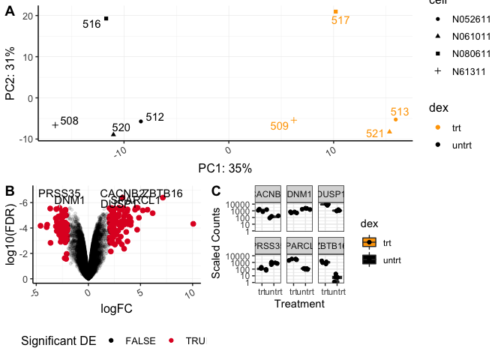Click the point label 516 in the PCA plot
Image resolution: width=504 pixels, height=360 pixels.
pos(91,24)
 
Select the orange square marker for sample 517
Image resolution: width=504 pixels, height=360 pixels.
pos(336,11)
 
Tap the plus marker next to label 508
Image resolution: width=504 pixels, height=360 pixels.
pos(55,125)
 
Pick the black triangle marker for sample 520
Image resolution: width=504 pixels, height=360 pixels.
pos(113,133)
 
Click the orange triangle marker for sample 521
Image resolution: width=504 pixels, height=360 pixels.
pos(389,131)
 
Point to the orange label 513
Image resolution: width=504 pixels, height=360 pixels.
pos(400,112)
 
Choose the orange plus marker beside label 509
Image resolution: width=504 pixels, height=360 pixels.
pos(294,120)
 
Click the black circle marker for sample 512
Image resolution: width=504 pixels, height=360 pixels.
pos(141,121)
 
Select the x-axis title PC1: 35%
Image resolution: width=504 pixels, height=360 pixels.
pos(225,167)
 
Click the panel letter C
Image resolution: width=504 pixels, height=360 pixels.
pos(216,191)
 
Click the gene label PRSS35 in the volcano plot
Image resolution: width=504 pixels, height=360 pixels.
pos(59,193)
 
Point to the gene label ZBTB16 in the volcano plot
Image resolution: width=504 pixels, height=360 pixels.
pos(163,193)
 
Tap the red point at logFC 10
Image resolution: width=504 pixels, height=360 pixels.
pos(193,223)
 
